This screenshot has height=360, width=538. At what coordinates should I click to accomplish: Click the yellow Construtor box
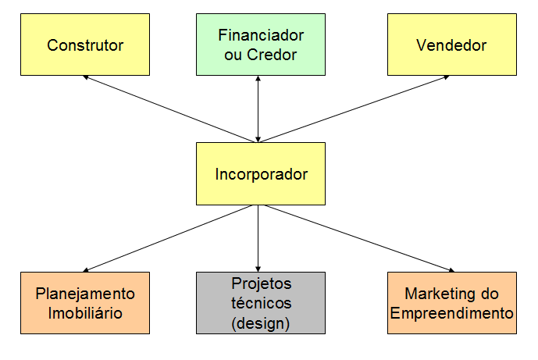(x=85, y=45)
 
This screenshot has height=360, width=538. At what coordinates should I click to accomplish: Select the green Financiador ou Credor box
(x=261, y=45)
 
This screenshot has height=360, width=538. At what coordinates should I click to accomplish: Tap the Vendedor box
(x=451, y=45)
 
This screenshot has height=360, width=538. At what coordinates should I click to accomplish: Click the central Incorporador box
(x=261, y=173)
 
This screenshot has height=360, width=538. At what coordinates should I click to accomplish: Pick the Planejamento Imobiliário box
(x=85, y=303)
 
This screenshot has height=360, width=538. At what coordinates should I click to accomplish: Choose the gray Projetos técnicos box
(x=261, y=303)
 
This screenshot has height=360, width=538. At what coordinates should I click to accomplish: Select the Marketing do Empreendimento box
(x=452, y=303)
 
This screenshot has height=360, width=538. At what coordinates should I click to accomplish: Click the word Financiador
(x=261, y=35)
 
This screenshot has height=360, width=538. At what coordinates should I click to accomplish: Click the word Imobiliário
(x=85, y=312)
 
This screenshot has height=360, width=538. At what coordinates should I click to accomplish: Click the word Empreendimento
(x=452, y=312)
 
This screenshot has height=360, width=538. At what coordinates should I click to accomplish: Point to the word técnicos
(x=261, y=302)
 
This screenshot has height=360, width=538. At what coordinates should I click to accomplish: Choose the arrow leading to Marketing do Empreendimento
(x=356, y=237)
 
